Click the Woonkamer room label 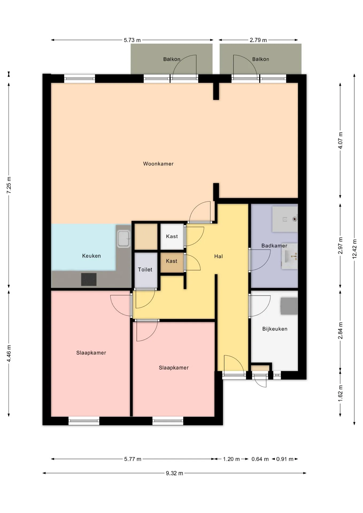[x=158, y=164]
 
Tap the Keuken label [x=91, y=256]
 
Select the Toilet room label [x=145, y=270]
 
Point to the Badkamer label [x=274, y=246]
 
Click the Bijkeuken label [x=275, y=329]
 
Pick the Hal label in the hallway [x=218, y=256]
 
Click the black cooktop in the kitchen [x=89, y=279]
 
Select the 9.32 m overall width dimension [x=174, y=473]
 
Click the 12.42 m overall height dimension [x=354, y=248]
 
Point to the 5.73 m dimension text [x=132, y=40]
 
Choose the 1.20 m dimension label [x=231, y=459]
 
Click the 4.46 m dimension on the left [x=9, y=353]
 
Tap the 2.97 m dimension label [x=340, y=246]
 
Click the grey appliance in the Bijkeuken [x=289, y=306]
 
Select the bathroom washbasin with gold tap [x=290, y=256]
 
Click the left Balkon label [x=172, y=59]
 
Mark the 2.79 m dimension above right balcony [x=258, y=40]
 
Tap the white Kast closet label [x=172, y=236]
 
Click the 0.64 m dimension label [x=260, y=459]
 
